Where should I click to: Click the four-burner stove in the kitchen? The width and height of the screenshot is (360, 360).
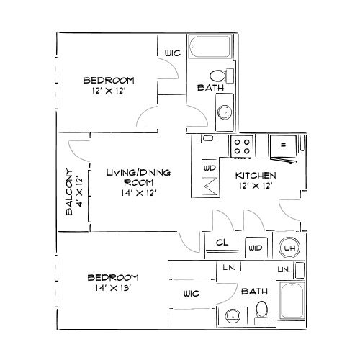point(242,147)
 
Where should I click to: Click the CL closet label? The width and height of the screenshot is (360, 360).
point(222,244)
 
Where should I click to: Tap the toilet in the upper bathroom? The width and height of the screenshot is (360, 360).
point(217,75)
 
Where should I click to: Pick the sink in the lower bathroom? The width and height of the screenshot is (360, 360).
point(231,315)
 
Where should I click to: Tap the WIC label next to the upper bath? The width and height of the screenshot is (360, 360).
point(171,53)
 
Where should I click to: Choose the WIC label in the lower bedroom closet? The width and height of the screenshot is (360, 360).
point(192,294)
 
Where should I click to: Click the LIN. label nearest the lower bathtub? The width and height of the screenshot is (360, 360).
point(283,269)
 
